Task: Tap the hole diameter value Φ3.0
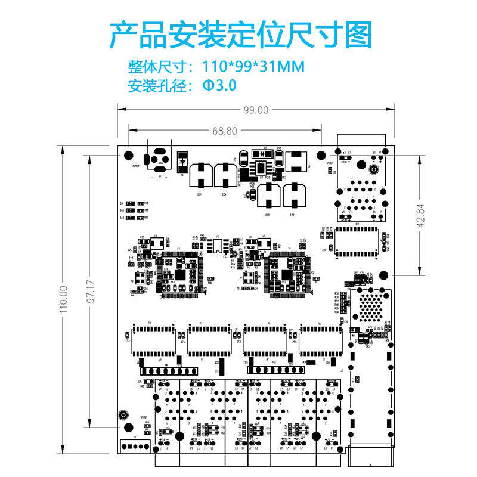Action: click(219, 85)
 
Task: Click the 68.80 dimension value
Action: click(225, 131)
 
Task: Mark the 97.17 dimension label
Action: click(90, 292)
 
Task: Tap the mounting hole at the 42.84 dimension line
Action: click(383, 275)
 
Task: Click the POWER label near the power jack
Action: click(136, 166)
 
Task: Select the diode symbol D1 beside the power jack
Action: click(182, 160)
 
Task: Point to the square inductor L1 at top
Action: click(296, 160)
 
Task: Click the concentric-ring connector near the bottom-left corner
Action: click(123, 415)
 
